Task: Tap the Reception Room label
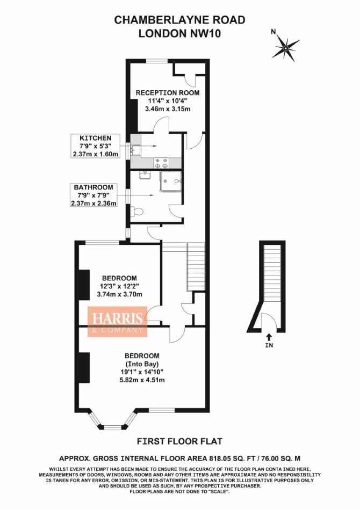[168, 92]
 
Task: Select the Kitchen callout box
[96, 146]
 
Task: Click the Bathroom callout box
[93, 195]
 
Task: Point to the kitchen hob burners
[162, 163]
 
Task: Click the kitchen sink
[135, 150]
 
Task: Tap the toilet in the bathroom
[137, 212]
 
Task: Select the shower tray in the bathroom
[170, 181]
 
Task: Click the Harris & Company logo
[118, 322]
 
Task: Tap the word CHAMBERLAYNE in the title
[157, 20]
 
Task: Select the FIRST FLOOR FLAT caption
[179, 441]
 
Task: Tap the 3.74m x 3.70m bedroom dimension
[120, 294]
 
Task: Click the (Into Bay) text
[142, 363]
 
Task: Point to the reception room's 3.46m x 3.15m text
[168, 109]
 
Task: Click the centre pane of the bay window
[113, 426]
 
